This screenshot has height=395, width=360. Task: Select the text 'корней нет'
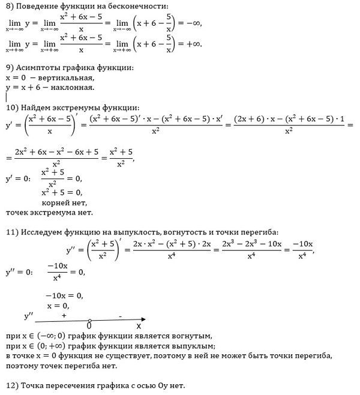click(63, 203)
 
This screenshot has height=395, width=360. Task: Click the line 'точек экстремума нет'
click(49, 213)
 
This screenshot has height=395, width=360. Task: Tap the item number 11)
click(12, 233)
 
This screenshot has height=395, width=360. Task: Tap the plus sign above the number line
click(64, 314)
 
